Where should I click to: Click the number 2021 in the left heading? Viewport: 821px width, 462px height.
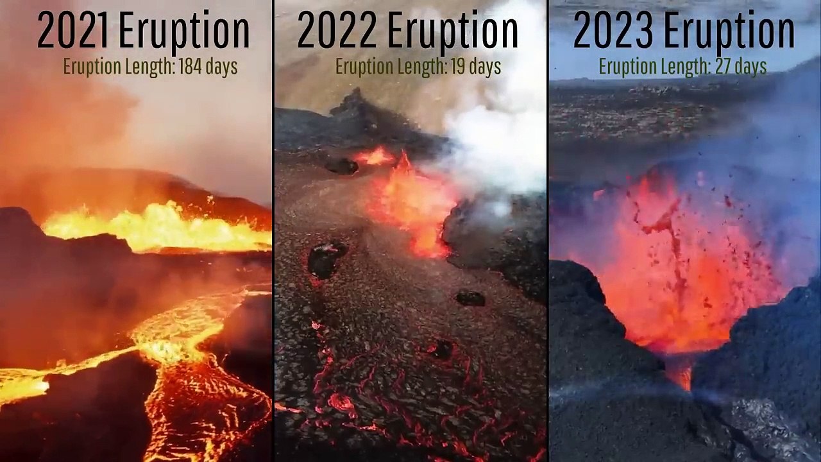pyautogui.click(x=74, y=31)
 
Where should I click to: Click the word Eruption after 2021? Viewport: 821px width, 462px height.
pyautogui.click(x=185, y=31)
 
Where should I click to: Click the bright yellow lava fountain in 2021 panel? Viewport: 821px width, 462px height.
pyautogui.click(x=160, y=228)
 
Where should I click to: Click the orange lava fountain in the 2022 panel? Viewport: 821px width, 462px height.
pyautogui.click(x=410, y=199)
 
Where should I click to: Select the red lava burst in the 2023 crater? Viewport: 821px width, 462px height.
pyautogui.click(x=673, y=269)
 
